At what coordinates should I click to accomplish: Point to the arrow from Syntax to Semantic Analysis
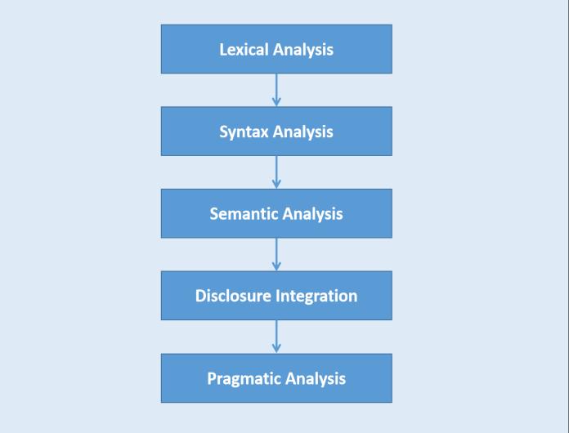click(276, 171)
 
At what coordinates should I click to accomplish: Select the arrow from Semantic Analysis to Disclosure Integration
click(276, 253)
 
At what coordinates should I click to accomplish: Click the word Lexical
click(243, 49)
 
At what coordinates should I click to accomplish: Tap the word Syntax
click(244, 132)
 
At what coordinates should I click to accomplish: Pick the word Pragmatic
click(243, 378)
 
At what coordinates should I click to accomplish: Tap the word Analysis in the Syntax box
click(302, 132)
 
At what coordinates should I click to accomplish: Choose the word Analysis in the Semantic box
click(311, 214)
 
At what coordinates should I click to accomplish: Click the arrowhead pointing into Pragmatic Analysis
click(276, 349)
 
